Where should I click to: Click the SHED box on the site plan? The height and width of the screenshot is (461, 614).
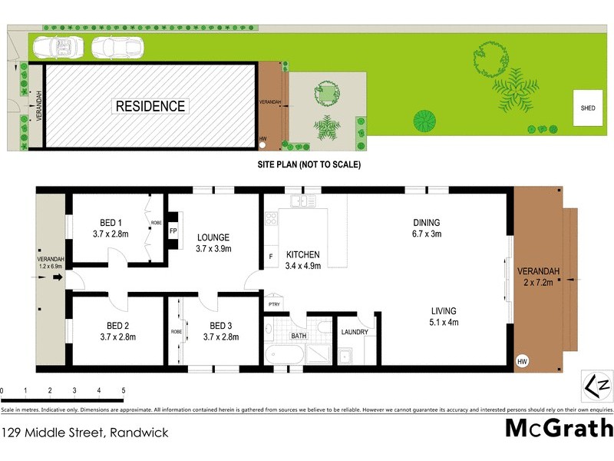coord(588,108)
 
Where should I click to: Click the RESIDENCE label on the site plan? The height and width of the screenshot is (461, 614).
coord(150,106)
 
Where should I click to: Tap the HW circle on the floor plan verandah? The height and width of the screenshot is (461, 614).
coord(523,361)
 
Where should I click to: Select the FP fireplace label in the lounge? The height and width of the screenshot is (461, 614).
coord(173,230)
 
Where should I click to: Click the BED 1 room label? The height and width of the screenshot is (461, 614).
coord(107,223)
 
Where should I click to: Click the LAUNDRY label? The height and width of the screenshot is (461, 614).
coord(355,332)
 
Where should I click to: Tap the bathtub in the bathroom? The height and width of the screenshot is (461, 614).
coord(285,355)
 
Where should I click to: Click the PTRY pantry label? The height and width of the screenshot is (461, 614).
coord(273,305)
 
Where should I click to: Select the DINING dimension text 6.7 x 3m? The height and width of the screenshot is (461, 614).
coord(426,234)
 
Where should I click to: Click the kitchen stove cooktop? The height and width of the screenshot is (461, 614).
coord(271,218)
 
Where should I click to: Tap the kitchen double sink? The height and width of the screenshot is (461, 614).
coord(303,201)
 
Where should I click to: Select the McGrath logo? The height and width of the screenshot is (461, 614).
coord(559,428)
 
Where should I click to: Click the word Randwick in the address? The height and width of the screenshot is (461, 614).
coord(139,433)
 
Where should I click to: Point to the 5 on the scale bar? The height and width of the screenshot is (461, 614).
coord(123,390)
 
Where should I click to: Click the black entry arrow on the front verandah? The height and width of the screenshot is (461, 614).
coord(57,279)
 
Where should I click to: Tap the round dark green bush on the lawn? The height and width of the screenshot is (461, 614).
coord(424,121)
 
